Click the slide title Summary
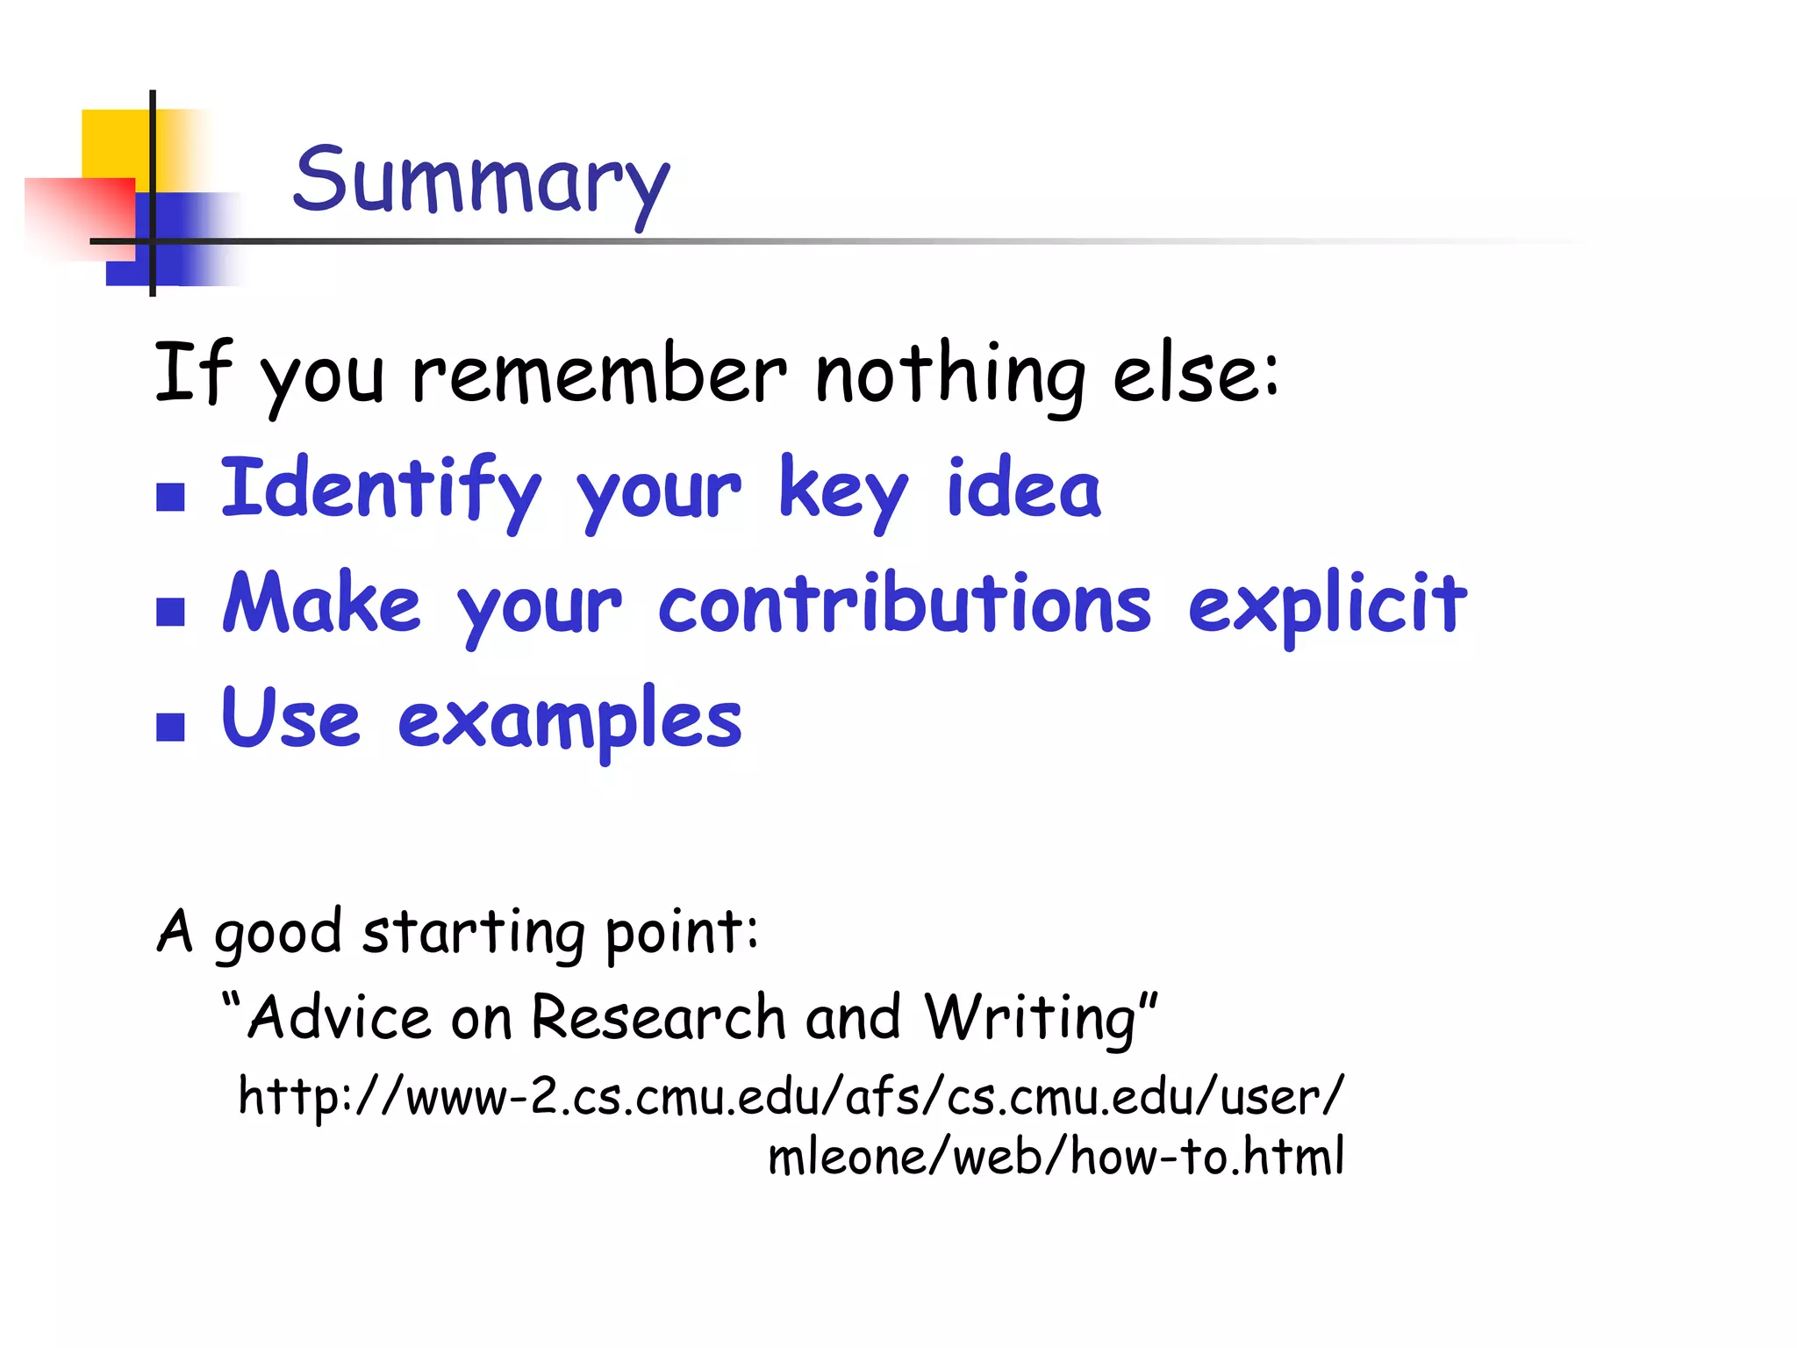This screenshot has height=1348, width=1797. (481, 182)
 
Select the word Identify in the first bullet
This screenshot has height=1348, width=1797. (381, 490)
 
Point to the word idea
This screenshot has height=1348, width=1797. (1023, 488)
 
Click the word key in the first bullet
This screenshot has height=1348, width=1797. (843, 490)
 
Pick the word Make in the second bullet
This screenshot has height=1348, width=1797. (321, 603)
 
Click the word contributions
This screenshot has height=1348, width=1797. (905, 603)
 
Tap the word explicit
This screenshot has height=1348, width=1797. (1328, 605)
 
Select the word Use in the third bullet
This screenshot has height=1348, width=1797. (290, 718)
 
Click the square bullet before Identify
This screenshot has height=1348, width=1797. (170, 498)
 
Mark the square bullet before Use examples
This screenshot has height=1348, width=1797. (170, 727)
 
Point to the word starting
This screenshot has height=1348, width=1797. (474, 932)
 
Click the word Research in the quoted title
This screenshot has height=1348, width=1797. (658, 1018)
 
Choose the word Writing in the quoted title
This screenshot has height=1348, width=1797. (1032, 1018)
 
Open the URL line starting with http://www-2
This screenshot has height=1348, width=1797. (791, 1097)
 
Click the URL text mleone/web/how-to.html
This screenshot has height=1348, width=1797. (1056, 1157)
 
